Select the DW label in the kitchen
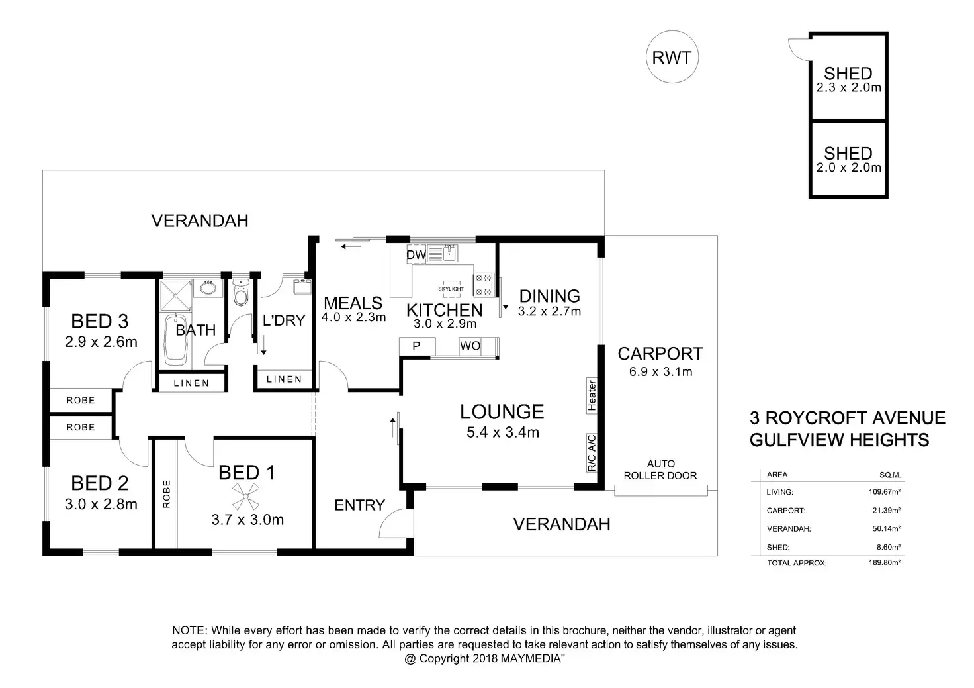416,255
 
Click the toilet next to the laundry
240,293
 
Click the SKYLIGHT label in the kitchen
451,289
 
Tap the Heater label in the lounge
592,395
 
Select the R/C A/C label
592,453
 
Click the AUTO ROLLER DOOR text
660,470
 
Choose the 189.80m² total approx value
885,562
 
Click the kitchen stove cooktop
484,285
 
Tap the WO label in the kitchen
470,346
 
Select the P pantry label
416,346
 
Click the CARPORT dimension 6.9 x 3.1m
660,371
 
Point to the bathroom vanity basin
208,287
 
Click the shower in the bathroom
175,295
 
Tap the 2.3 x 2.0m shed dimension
848,87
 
